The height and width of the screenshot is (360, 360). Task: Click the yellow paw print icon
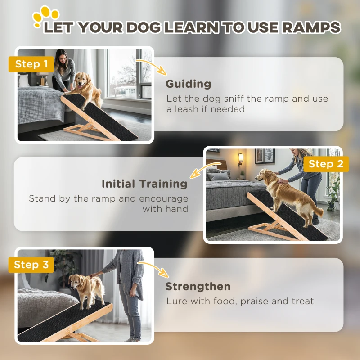click(45, 15)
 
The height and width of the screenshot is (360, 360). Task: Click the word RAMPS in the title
click(310, 27)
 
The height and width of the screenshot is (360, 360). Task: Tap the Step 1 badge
click(31, 64)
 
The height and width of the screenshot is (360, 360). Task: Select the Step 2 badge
click(326, 164)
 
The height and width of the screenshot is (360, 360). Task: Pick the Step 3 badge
click(31, 265)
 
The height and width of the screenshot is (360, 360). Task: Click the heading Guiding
click(188, 84)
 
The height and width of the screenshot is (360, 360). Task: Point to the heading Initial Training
click(144, 184)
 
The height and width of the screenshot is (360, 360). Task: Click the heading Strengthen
click(198, 286)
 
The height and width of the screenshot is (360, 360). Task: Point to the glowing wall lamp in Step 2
click(240, 157)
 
